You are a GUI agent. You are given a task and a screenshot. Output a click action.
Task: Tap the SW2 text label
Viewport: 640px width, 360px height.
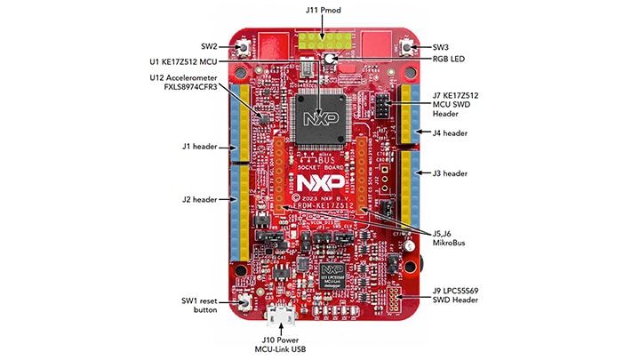tap(209, 46)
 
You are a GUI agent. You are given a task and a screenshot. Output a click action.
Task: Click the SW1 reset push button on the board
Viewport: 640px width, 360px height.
tap(244, 306)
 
